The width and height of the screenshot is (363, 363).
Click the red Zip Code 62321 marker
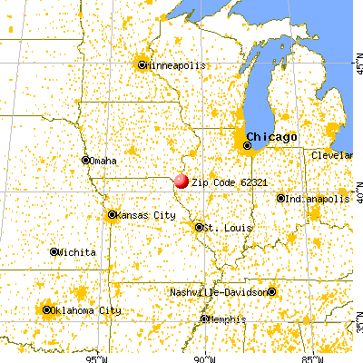tap(181, 181)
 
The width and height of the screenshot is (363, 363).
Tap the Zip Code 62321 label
tap(221, 181)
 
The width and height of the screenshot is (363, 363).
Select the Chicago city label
tap(277, 136)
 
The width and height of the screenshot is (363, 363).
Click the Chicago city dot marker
tap(248, 143)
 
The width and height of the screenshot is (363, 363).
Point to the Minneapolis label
tap(177, 65)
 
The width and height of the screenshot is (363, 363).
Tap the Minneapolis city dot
tap(142, 64)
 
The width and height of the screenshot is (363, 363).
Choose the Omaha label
tap(103, 162)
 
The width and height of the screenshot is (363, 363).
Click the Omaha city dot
tap(85, 161)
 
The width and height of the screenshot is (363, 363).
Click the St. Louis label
tap(221, 227)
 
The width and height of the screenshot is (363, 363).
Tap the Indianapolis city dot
tap(280, 198)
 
